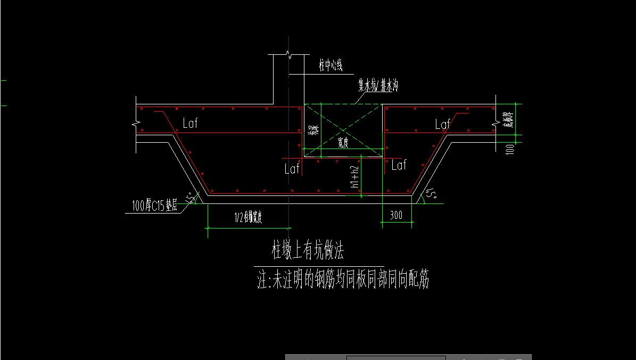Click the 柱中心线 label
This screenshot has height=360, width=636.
point(329,66)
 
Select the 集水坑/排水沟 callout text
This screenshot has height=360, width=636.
point(378,85)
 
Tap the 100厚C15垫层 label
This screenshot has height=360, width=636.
point(155,205)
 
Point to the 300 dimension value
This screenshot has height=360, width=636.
point(396,215)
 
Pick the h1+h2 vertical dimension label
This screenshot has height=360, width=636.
point(354,177)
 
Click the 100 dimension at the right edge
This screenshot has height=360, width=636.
point(510,149)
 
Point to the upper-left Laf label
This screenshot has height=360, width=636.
point(189,124)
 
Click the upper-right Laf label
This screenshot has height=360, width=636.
point(442,125)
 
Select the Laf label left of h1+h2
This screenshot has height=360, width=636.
point(292,169)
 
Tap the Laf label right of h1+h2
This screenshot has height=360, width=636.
point(399,166)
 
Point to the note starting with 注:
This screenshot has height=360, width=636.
point(343,280)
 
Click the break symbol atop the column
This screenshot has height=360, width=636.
point(288,54)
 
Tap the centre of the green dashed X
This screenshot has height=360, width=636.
point(343,129)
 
